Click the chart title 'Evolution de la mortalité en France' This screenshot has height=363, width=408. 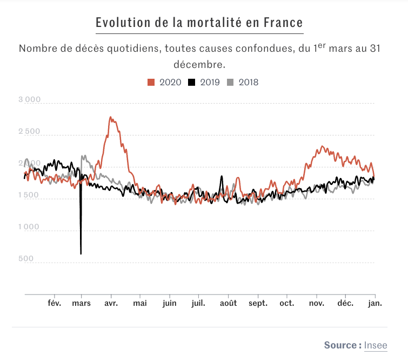[199, 23]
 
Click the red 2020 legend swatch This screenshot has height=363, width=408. [151, 83]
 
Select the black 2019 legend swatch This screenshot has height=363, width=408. [191, 83]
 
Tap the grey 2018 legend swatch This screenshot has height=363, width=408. [230, 83]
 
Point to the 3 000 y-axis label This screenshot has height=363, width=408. [29, 100]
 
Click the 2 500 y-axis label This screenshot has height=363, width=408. [29, 132]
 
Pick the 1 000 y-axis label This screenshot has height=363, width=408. [29, 228]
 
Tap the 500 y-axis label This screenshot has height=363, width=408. [26, 259]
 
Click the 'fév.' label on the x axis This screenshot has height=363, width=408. [55, 304]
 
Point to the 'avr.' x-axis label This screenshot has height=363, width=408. [111, 304]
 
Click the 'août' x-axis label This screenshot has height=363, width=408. [228, 304]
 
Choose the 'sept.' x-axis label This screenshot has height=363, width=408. [258, 304]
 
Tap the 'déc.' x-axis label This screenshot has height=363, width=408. [345, 304]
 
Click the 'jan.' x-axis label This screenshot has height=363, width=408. [374, 304]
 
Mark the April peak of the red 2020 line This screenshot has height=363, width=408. [110, 117]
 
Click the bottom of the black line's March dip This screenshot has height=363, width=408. [81, 253]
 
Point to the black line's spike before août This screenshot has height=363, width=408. [221, 176]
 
